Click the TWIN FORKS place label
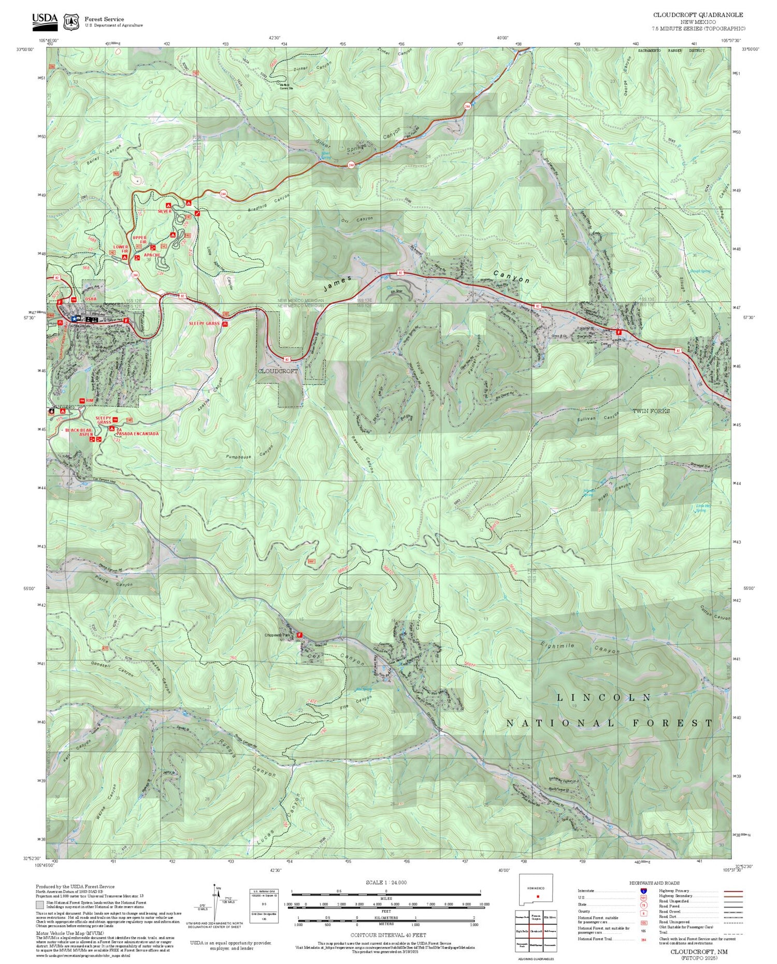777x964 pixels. (651, 411)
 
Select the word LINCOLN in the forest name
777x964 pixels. (603, 697)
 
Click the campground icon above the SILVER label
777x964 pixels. (168, 206)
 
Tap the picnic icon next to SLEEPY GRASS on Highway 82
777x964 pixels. (225, 324)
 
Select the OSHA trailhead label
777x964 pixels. (91, 299)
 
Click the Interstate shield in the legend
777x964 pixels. (643, 890)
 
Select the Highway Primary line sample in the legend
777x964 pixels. (731, 891)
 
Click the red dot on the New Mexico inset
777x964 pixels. (538, 896)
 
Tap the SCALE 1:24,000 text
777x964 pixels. (386, 883)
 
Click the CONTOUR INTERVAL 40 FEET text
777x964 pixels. (388, 935)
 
